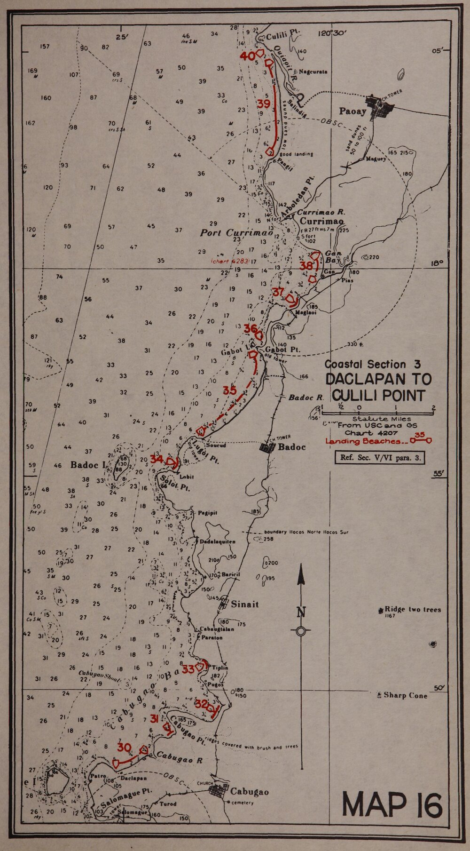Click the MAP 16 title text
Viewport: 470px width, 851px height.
[x=392, y=805]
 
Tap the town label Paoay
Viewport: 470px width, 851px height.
[x=352, y=111]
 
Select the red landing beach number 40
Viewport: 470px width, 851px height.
[x=247, y=56]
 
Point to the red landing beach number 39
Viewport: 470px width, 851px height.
[x=264, y=103]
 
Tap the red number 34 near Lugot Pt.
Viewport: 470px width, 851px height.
[x=157, y=459]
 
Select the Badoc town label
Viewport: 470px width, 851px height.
[x=292, y=447]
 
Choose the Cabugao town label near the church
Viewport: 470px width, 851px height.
[x=249, y=792]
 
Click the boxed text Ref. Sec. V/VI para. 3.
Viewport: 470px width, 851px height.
[x=380, y=457]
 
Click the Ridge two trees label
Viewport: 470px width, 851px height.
[x=413, y=610]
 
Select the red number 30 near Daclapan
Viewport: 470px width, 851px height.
[x=125, y=748]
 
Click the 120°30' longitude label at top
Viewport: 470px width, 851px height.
[x=332, y=33]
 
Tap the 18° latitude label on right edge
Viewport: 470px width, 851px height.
[x=438, y=263]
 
